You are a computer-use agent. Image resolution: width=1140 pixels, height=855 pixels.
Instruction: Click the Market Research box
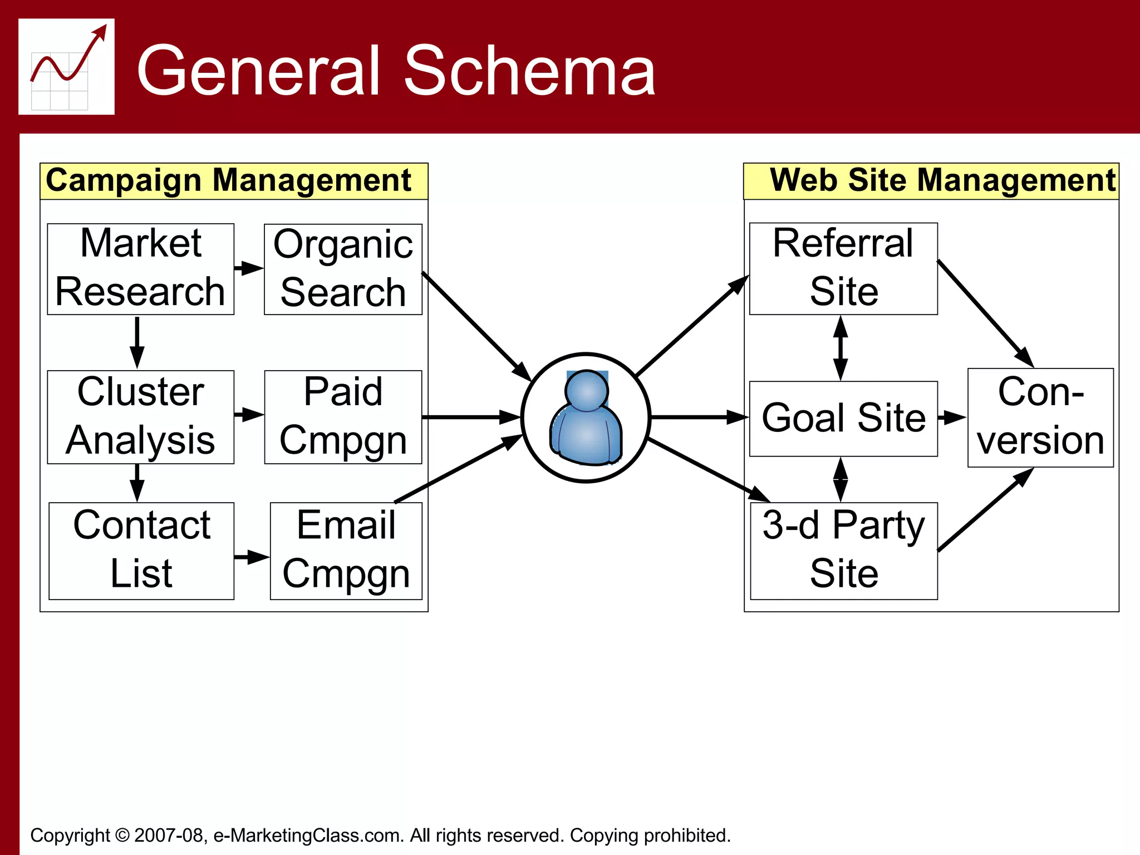pyautogui.click(x=140, y=269)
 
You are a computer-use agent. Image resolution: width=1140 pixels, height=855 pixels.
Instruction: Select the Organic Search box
pyautogui.click(x=343, y=269)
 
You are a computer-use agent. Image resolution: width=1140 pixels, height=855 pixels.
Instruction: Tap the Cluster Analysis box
pyautogui.click(x=140, y=417)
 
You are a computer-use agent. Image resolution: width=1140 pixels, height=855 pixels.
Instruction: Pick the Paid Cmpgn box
pyautogui.click(x=343, y=417)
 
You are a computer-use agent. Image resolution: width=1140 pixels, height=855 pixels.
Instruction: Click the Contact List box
pyautogui.click(x=141, y=551)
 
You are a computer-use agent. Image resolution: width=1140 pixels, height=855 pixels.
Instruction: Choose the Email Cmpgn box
pyautogui.click(x=346, y=551)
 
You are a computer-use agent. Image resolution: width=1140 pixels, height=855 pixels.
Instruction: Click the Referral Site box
pyautogui.click(x=843, y=269)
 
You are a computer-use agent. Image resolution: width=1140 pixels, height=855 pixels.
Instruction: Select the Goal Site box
pyautogui.click(x=843, y=419)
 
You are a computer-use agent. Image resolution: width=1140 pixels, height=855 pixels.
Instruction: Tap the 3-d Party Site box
pyautogui.click(x=843, y=551)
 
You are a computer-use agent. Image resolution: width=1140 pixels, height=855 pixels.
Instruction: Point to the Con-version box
pyautogui.click(x=1040, y=417)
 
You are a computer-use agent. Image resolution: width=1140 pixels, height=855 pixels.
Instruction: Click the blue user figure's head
pyautogui.click(x=586, y=390)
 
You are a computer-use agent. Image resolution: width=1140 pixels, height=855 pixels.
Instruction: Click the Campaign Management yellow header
pyautogui.click(x=234, y=181)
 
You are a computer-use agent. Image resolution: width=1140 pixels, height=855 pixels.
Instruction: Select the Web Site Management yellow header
pyautogui.click(x=931, y=181)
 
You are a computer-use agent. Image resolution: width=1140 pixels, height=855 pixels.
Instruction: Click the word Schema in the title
pyautogui.click(x=529, y=71)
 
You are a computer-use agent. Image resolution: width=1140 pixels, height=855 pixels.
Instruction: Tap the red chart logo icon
pyautogui.click(x=67, y=67)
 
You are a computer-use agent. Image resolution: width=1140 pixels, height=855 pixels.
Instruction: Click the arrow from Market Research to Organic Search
pyautogui.click(x=249, y=268)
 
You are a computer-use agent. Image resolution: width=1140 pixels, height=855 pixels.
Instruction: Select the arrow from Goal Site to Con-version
pyautogui.click(x=952, y=417)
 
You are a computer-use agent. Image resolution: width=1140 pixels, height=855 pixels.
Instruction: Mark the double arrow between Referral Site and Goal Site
pyautogui.click(x=841, y=348)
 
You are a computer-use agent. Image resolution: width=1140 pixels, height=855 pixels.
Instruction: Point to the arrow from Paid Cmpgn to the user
pyautogui.click(x=470, y=417)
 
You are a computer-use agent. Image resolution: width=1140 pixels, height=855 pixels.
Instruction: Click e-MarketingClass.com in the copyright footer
pyautogui.click(x=308, y=835)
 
